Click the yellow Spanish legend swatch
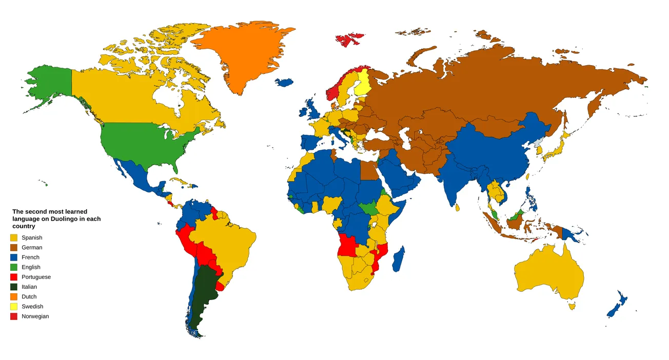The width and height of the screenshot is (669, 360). (x=14, y=237)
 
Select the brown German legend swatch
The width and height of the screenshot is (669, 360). (x=14, y=248)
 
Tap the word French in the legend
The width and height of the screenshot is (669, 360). (x=30, y=257)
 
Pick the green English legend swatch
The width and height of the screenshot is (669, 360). (x=14, y=267)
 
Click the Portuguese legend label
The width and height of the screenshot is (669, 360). (x=36, y=277)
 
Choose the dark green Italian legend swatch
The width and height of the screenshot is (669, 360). (x=14, y=287)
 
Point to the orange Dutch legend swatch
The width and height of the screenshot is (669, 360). (x=14, y=296)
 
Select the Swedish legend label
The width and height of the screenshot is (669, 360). (x=32, y=307)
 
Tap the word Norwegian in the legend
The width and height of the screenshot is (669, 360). (x=35, y=316)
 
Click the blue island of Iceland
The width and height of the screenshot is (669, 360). (x=284, y=82)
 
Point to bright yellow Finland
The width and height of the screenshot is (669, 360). (x=363, y=82)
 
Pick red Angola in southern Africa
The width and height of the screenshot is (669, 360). (x=348, y=248)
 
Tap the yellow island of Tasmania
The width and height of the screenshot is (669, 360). (x=572, y=306)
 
